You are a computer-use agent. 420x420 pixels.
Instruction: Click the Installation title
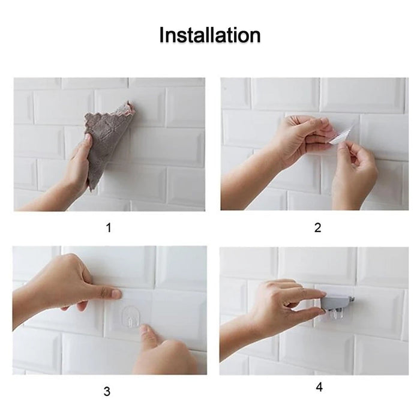point(209,35)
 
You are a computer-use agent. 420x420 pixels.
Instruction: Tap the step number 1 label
point(109,227)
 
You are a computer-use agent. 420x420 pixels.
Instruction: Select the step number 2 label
point(317,227)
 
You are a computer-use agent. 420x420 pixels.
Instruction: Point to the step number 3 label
point(107,392)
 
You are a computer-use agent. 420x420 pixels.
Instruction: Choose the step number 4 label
point(319,387)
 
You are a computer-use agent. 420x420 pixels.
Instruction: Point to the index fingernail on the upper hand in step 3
point(115,294)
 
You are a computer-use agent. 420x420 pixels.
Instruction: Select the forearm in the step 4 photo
point(237,342)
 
